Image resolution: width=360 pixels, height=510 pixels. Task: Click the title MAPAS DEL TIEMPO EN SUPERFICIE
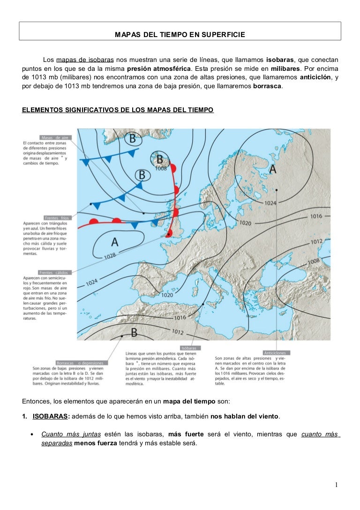(x=180, y=35)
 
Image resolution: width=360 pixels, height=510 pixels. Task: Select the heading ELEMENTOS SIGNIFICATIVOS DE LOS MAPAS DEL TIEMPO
(x=118, y=110)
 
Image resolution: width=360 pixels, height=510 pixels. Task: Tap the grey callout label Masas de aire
(x=55, y=137)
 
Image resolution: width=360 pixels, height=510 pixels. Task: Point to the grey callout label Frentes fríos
(x=58, y=218)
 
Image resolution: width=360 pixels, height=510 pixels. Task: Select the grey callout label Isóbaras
(x=189, y=348)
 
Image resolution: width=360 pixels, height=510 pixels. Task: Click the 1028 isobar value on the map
(x=110, y=256)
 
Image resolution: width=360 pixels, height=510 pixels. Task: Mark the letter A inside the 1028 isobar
(x=114, y=242)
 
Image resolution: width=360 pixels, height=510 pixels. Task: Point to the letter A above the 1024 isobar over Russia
(x=273, y=169)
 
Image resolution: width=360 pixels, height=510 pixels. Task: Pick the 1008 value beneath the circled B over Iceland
(x=160, y=168)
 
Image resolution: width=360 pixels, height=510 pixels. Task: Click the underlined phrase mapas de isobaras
(x=84, y=60)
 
